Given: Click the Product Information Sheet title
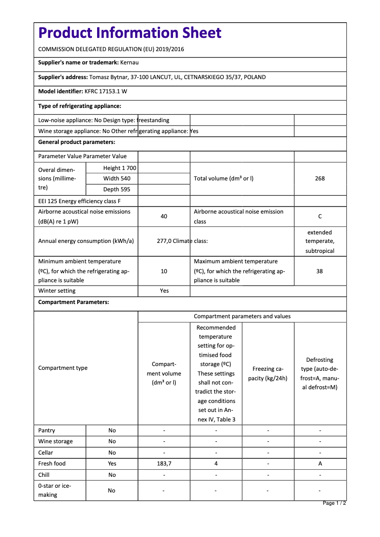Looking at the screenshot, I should click(130, 33).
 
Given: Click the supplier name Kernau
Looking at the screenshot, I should click(129, 63).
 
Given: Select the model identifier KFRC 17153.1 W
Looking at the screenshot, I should click(106, 91).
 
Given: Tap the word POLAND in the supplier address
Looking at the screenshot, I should click(256, 77).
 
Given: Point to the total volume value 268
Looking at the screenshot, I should click(320, 179).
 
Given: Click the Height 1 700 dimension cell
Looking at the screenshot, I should click(119, 168).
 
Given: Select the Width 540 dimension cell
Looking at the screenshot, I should click(117, 179).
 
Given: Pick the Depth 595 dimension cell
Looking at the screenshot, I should click(117, 189).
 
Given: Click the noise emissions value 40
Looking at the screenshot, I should click(164, 216).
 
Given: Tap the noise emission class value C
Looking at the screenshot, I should click(320, 216).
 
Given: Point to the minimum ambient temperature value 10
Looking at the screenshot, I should click(164, 271).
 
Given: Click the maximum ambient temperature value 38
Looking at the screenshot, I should click(320, 271).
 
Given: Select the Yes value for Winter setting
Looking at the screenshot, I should click(164, 291).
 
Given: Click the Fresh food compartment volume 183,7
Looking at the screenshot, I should click(164, 464).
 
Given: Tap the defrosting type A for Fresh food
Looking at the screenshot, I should click(320, 464).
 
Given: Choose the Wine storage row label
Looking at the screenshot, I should click(55, 441).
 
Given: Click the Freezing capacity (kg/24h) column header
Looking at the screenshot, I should click(268, 374).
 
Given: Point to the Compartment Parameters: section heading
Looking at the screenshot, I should click(73, 302).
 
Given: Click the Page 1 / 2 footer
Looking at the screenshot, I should click(334, 503).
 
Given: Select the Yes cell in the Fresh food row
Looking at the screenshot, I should click(112, 464).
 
